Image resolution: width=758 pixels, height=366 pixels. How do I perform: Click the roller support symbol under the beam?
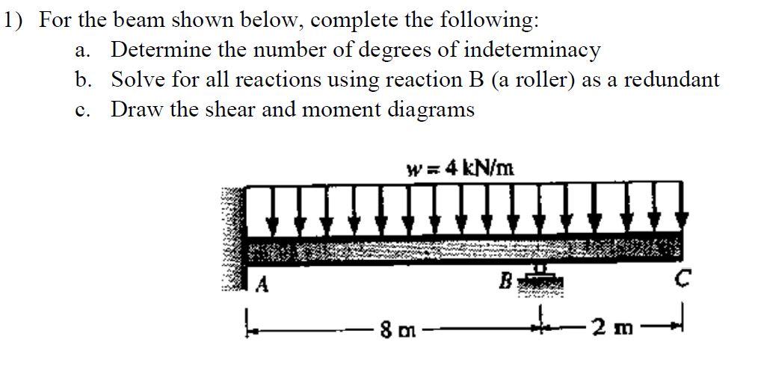click(x=539, y=278)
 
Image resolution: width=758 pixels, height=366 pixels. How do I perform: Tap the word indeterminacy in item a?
click(x=532, y=50)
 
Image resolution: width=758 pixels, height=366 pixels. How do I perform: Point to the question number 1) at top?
click(x=14, y=20)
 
